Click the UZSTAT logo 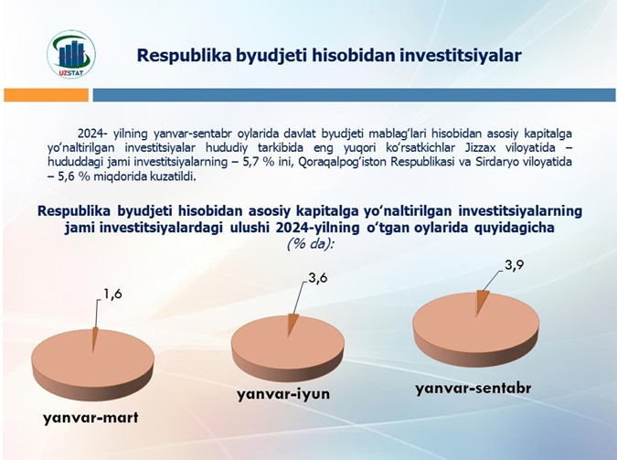71,54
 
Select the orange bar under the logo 46,95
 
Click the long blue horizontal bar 354,95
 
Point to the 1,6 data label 112,294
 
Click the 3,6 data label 317,278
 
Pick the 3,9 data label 514,265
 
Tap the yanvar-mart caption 90,417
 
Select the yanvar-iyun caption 283,394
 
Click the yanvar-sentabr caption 473,389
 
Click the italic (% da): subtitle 310,244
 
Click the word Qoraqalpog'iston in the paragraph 343,162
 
